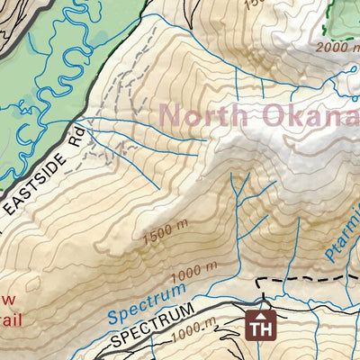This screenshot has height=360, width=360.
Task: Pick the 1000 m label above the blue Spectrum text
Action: pos(196,273)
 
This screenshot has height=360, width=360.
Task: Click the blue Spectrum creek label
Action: pos(146,303)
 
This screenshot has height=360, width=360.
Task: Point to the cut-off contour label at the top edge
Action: pos(257,4)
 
